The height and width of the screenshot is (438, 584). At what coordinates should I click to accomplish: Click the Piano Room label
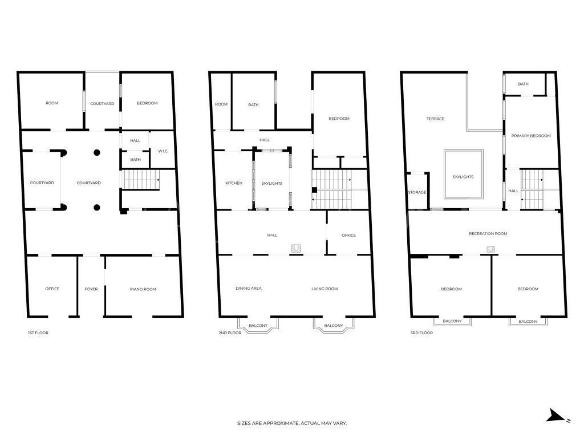tap(143, 289)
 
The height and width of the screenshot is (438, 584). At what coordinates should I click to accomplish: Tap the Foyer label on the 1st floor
tap(91, 289)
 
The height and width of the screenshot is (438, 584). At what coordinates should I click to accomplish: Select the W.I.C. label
tap(163, 151)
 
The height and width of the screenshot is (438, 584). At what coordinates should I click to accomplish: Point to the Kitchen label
tap(234, 183)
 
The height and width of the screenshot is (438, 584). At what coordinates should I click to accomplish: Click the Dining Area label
tap(249, 288)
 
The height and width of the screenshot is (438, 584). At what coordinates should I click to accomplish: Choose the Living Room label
tap(325, 289)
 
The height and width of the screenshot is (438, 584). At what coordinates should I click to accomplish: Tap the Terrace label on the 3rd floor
tap(435, 119)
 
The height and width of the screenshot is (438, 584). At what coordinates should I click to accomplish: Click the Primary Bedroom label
tap(531, 136)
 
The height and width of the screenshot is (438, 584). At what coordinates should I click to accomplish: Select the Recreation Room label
tap(488, 233)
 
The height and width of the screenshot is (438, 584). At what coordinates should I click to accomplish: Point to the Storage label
tap(417, 193)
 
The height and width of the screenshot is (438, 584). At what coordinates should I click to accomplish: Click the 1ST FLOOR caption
tap(38, 333)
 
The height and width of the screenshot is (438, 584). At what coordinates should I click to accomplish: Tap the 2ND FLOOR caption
tap(230, 333)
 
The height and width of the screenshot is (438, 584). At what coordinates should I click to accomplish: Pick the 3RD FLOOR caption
tap(421, 333)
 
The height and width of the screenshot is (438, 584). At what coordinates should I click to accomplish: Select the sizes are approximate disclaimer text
tap(292, 423)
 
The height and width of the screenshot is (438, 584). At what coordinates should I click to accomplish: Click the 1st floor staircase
tap(141, 180)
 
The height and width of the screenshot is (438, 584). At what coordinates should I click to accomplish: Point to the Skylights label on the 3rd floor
tap(463, 177)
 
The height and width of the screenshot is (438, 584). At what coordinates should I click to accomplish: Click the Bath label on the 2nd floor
tap(253, 105)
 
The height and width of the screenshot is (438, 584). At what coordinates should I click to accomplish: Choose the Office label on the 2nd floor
tap(348, 236)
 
